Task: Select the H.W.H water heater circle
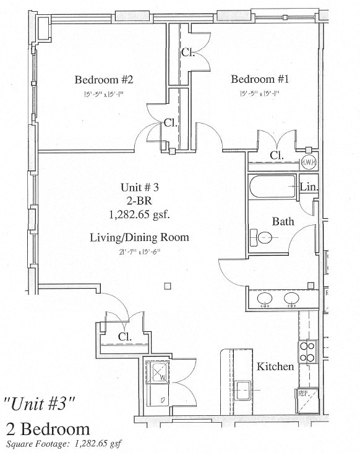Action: (x=309, y=161)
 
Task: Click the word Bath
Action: (x=283, y=221)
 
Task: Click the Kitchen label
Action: (x=276, y=367)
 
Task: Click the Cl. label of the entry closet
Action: (x=125, y=337)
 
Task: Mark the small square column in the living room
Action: (x=167, y=286)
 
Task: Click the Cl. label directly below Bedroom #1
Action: (x=276, y=156)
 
